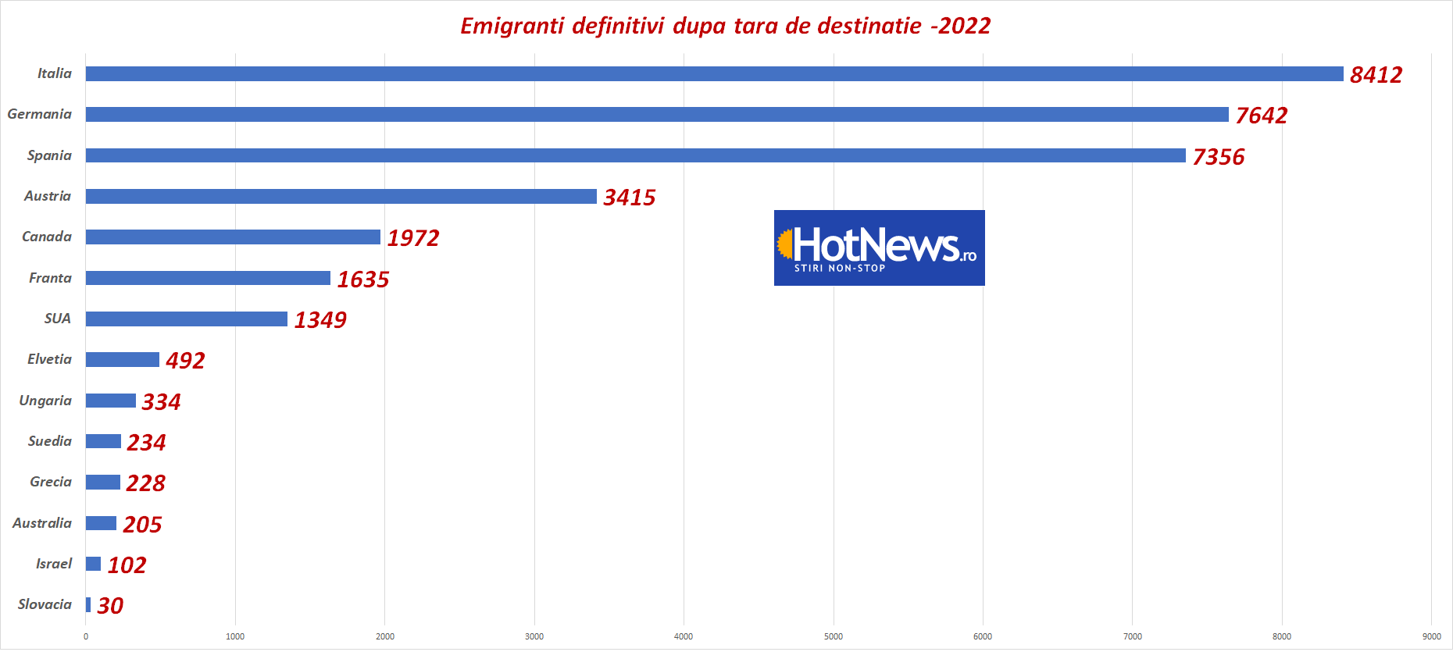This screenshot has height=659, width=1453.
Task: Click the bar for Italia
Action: pyautogui.click(x=714, y=74)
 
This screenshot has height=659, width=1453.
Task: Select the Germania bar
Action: pyautogui.click(x=656, y=115)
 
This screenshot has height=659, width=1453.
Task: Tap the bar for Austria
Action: pyautogui.click(x=341, y=197)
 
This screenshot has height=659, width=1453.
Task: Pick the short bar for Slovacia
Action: pyautogui.click(x=88, y=605)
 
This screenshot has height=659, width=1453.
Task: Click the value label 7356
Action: pyautogui.click(x=1218, y=157)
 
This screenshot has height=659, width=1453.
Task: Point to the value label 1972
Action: pyautogui.click(x=413, y=238)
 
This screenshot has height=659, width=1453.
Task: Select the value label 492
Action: pyautogui.click(x=185, y=361)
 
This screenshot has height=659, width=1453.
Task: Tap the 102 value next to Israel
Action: pyautogui.click(x=127, y=565)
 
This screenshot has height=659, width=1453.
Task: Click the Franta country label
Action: pyautogui.click(x=50, y=278)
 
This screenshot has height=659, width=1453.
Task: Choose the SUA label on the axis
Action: pyautogui.click(x=57, y=319)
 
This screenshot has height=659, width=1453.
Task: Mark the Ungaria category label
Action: pyautogui.click(x=45, y=401)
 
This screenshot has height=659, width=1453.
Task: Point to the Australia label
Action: pyautogui.click(x=42, y=523)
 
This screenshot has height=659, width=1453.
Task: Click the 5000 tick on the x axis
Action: pyautogui.click(x=834, y=637)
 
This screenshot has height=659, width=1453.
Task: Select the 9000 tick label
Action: pyautogui.click(x=1431, y=637)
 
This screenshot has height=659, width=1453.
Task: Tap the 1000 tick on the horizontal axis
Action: pyautogui.click(x=235, y=637)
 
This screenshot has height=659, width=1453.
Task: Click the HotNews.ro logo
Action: pyautogui.click(x=879, y=248)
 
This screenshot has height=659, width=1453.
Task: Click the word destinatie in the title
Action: pyautogui.click(x=869, y=27)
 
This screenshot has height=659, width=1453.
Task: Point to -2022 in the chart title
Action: pyautogui.click(x=960, y=27)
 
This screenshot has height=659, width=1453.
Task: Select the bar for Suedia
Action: pyautogui.click(x=103, y=442)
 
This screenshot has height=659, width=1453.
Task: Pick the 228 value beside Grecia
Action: pyautogui.click(x=145, y=483)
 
